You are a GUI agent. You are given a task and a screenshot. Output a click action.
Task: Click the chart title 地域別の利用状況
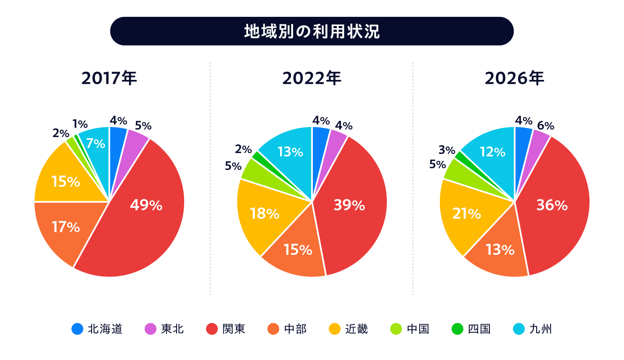click(x=312, y=31)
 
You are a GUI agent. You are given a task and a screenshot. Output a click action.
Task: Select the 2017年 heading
click(x=109, y=78)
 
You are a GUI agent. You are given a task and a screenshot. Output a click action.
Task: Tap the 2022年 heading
click(x=312, y=78)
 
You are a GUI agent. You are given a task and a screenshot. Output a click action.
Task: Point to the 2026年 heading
click(x=514, y=78)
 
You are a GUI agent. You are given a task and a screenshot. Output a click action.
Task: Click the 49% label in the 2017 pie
click(x=146, y=205)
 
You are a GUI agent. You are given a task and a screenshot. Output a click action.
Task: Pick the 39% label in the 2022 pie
click(x=349, y=205)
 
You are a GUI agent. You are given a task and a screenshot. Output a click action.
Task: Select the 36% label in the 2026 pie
click(x=552, y=205)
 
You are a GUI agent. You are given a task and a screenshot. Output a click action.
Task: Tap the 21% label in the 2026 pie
click(x=467, y=214)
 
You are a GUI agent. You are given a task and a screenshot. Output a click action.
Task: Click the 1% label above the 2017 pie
click(x=80, y=124)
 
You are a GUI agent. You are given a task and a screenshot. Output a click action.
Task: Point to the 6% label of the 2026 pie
click(x=545, y=126)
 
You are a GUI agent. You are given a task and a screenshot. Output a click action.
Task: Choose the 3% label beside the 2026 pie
click(x=447, y=150)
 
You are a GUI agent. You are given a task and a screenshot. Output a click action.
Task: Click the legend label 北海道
click(x=105, y=329)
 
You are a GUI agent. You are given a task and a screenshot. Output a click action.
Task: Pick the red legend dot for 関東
click(x=212, y=329)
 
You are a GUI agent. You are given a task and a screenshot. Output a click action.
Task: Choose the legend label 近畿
click(x=357, y=329)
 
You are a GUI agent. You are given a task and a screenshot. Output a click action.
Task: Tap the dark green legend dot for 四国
click(x=457, y=329)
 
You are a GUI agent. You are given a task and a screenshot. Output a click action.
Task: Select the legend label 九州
click(x=540, y=329)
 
